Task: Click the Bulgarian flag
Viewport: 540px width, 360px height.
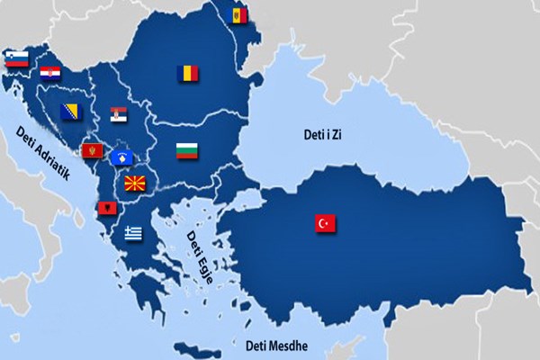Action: [x=186, y=150]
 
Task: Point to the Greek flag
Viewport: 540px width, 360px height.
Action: [x=133, y=232]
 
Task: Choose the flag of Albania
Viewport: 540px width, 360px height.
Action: [x=107, y=208]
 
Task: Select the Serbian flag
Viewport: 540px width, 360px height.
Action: [x=119, y=114]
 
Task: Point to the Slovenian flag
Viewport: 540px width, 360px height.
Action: [x=17, y=58]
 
